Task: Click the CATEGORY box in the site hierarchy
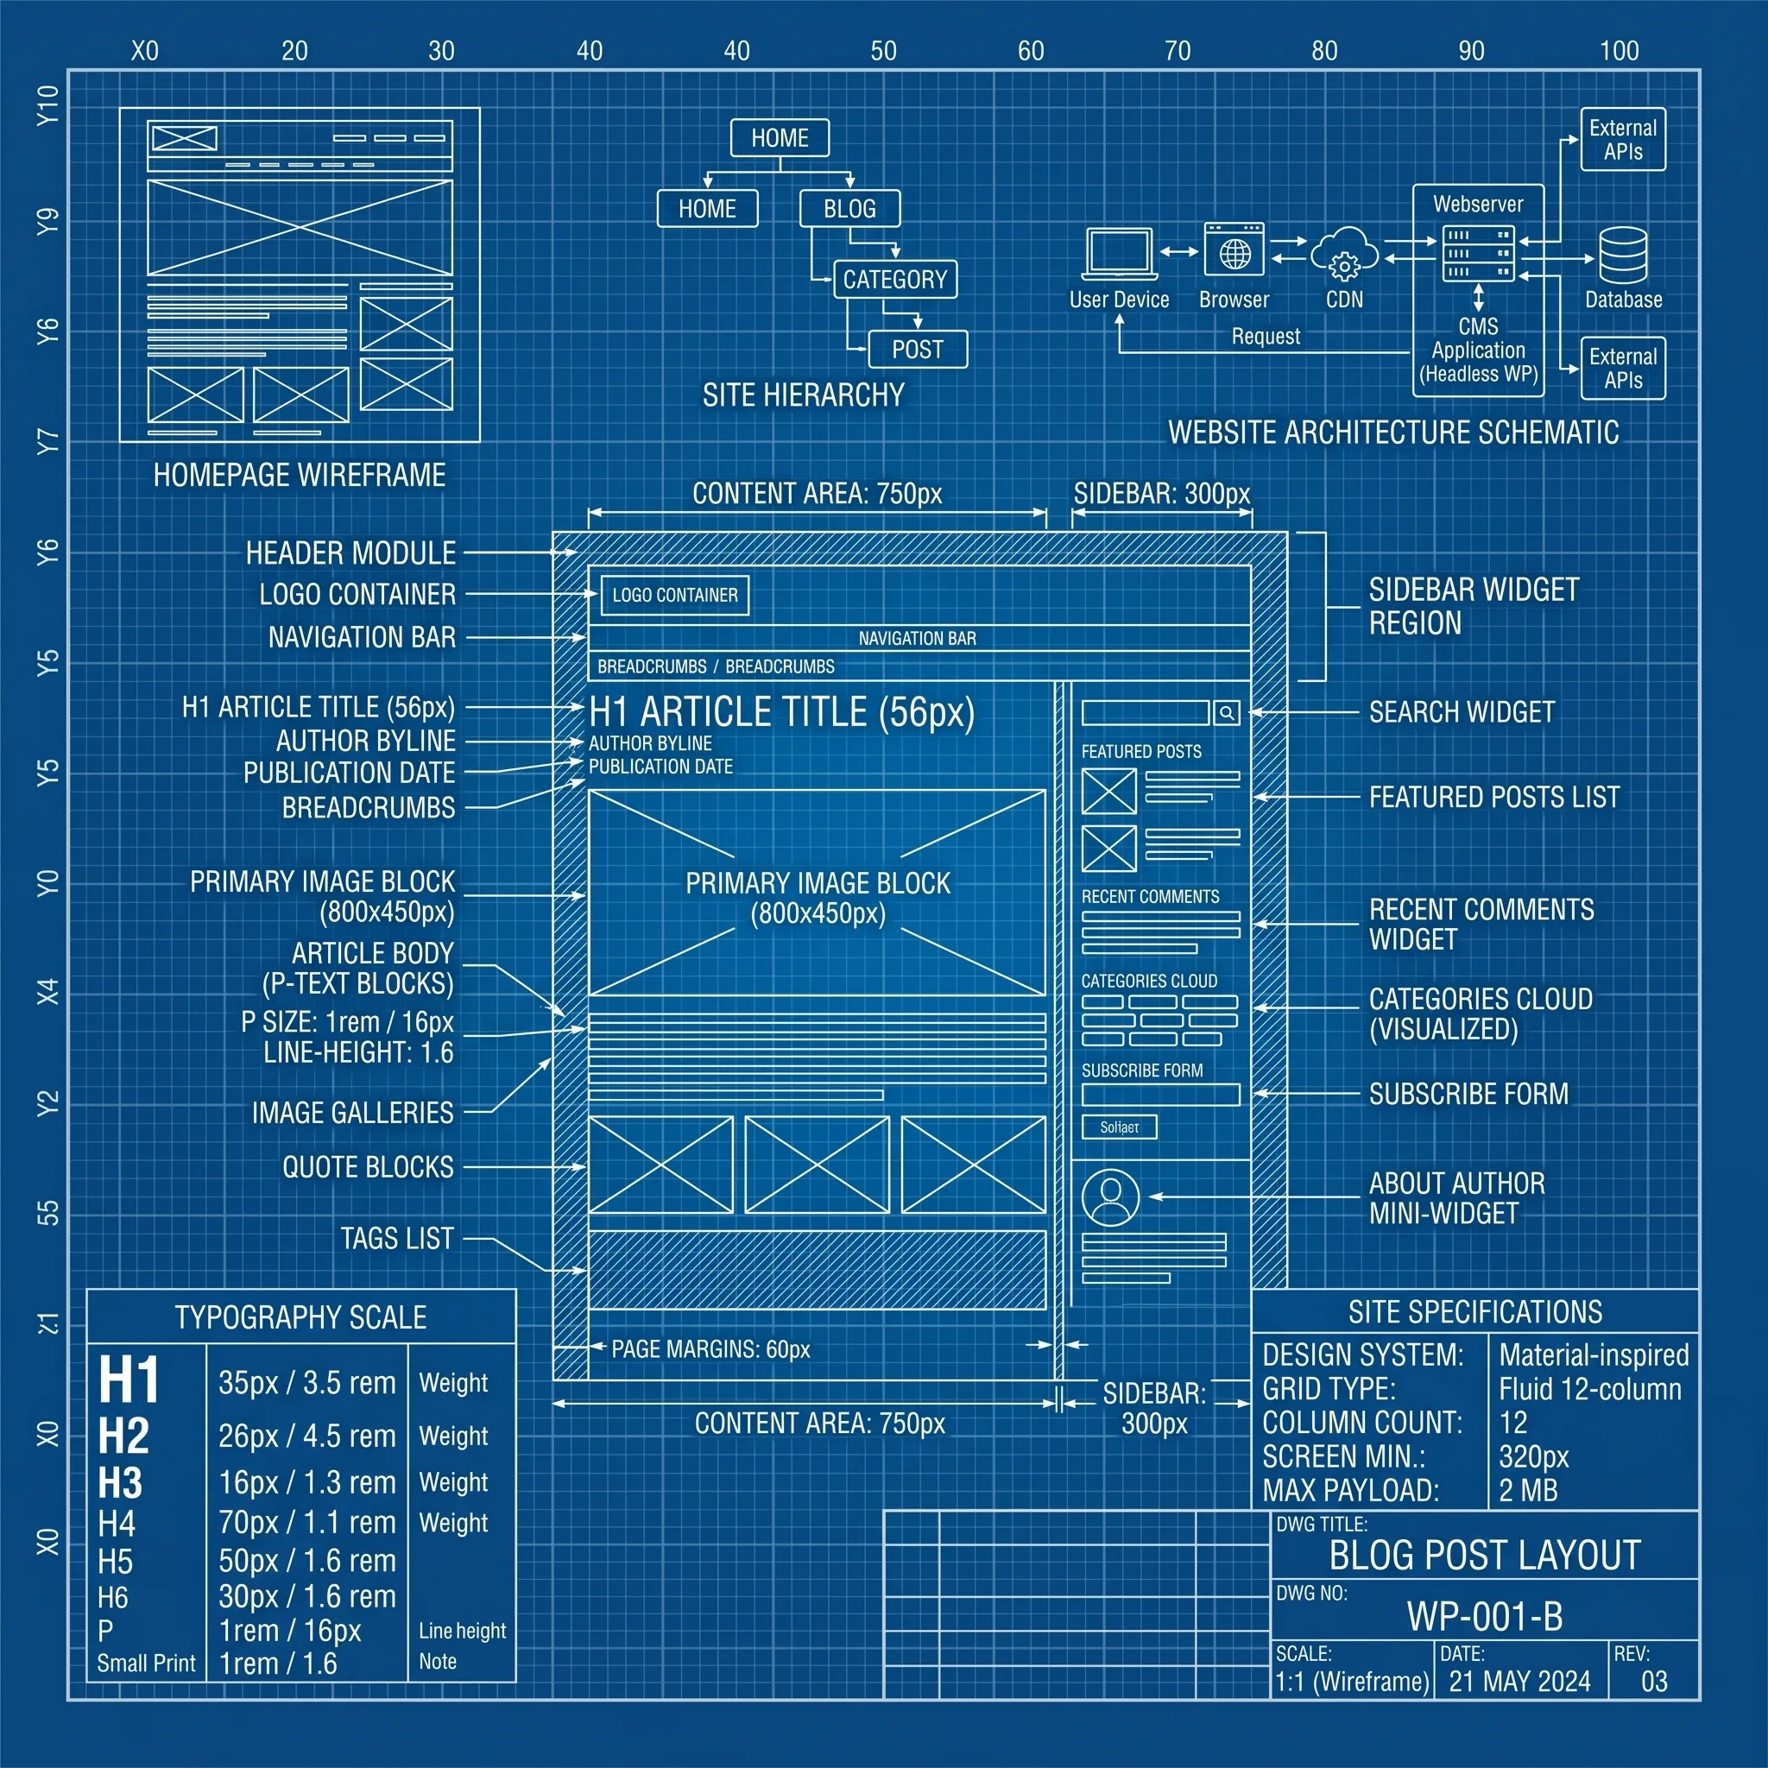click(895, 279)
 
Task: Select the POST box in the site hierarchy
click(917, 350)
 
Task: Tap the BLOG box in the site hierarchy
click(849, 209)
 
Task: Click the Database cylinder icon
click(1624, 256)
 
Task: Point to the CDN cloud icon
click(1344, 254)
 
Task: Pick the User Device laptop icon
click(1119, 254)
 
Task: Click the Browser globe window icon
click(1234, 249)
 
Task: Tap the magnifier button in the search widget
click(1228, 713)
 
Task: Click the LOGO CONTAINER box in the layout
click(674, 595)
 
